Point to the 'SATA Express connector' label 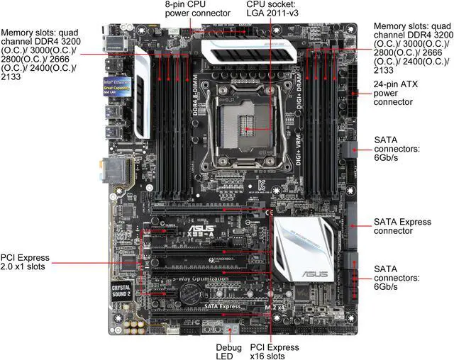pos(402,227)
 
